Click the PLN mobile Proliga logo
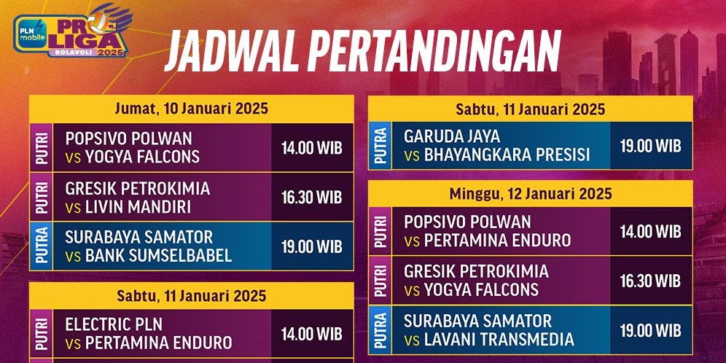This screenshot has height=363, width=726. point(71,36)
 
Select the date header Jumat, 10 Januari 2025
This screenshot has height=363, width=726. point(192,109)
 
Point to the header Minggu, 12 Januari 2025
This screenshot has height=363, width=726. point(529,194)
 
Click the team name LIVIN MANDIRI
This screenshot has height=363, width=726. point(138,206)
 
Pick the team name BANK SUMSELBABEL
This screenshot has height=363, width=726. point(158,255)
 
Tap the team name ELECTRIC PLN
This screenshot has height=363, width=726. point(114,324)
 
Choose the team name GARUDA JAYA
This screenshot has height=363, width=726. point(452,136)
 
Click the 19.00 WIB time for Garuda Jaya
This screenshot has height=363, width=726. point(650,146)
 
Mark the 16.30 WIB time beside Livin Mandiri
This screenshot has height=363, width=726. point(311,198)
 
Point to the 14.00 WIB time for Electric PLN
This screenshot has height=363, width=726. point(311,334)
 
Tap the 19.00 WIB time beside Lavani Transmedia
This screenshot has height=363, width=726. point(650,330)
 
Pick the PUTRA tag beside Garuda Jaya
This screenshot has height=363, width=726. point(380,146)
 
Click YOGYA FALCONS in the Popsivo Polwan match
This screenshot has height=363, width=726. point(142,157)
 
